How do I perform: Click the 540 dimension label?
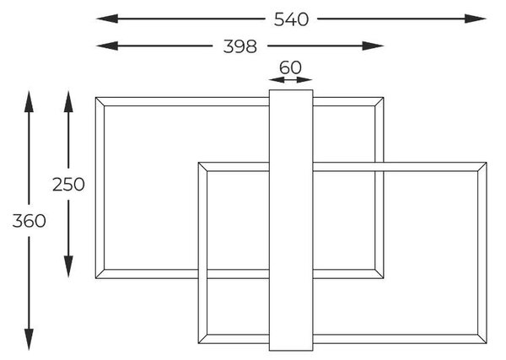click(x=291, y=19)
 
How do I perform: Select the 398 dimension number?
click(x=240, y=46)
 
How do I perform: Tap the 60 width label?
click(x=290, y=67)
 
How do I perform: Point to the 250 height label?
click(x=68, y=185)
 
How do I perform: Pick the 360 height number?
click(x=29, y=221)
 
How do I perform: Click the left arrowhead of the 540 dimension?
click(x=107, y=19)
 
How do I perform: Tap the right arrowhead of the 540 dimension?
click(x=476, y=19)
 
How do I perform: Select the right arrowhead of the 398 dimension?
click(x=373, y=46)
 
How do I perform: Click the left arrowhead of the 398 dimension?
click(x=107, y=46)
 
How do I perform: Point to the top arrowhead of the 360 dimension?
click(x=29, y=102)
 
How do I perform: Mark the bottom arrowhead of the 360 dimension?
click(x=29, y=340)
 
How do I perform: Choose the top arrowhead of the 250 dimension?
click(x=68, y=102)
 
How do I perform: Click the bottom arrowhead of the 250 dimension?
click(x=68, y=266)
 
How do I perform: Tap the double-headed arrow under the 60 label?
click(x=290, y=80)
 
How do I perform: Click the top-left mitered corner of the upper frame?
click(x=100, y=102)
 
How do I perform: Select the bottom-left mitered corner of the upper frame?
click(x=100, y=273)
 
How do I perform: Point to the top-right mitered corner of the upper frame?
click(x=379, y=102)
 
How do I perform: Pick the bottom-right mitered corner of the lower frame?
click(x=482, y=339)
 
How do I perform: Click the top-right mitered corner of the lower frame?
click(x=482, y=167)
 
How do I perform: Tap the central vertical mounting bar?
click(x=291, y=220)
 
